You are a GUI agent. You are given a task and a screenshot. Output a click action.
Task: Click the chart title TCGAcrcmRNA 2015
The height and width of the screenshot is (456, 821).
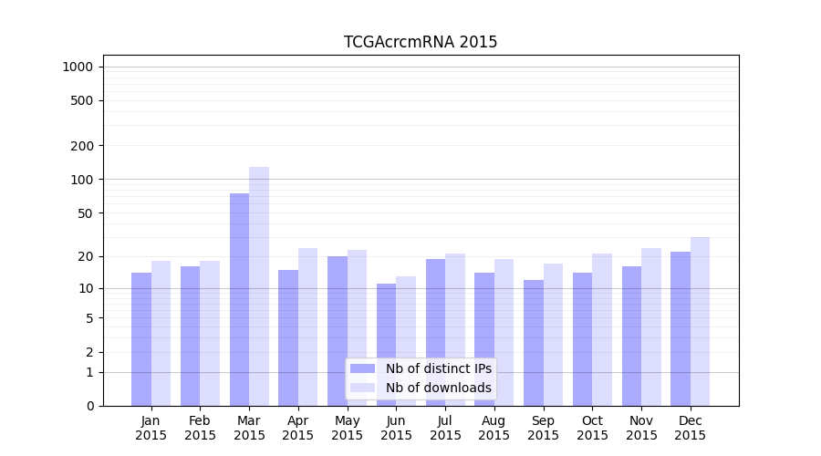pyautogui.click(x=421, y=42)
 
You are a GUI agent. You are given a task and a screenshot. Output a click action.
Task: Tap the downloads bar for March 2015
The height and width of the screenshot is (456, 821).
pyautogui.click(x=259, y=286)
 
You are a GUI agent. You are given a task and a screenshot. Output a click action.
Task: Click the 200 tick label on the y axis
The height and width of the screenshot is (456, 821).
pyautogui.click(x=82, y=146)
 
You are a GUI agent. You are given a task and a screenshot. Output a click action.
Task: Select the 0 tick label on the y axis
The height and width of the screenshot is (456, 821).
pyautogui.click(x=89, y=406)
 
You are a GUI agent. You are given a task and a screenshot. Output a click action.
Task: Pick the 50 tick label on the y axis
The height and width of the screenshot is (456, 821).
pyautogui.click(x=85, y=213)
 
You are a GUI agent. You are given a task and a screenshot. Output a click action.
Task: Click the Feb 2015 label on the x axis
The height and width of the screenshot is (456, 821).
pyautogui.click(x=200, y=428)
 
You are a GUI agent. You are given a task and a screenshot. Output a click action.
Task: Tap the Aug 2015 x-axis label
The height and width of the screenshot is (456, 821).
pyautogui.click(x=494, y=428)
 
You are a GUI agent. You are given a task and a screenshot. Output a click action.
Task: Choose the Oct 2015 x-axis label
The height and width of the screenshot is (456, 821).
pyautogui.click(x=592, y=428)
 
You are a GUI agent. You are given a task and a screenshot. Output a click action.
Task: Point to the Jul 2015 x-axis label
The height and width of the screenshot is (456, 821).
pyautogui.click(x=445, y=428)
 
